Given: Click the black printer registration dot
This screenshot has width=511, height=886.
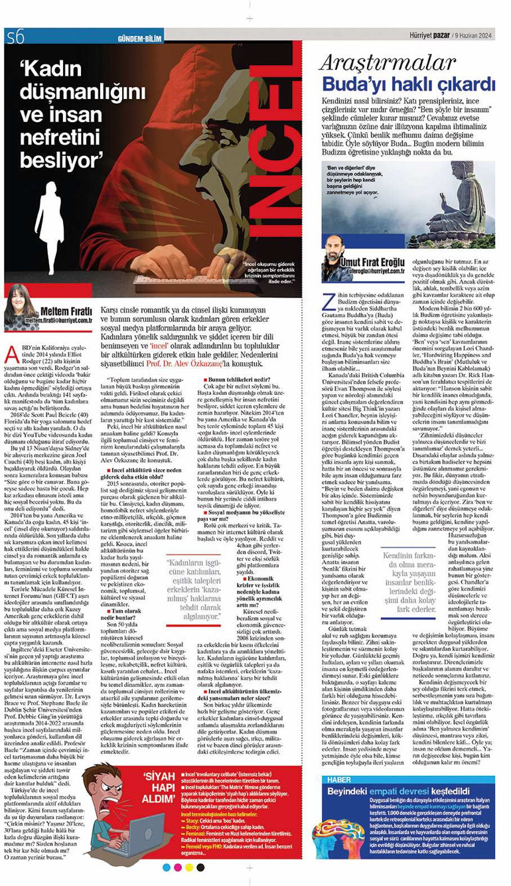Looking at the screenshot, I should [200, 867].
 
